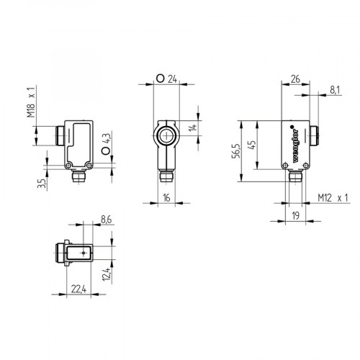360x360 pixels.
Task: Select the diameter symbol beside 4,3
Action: coord(106,151)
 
